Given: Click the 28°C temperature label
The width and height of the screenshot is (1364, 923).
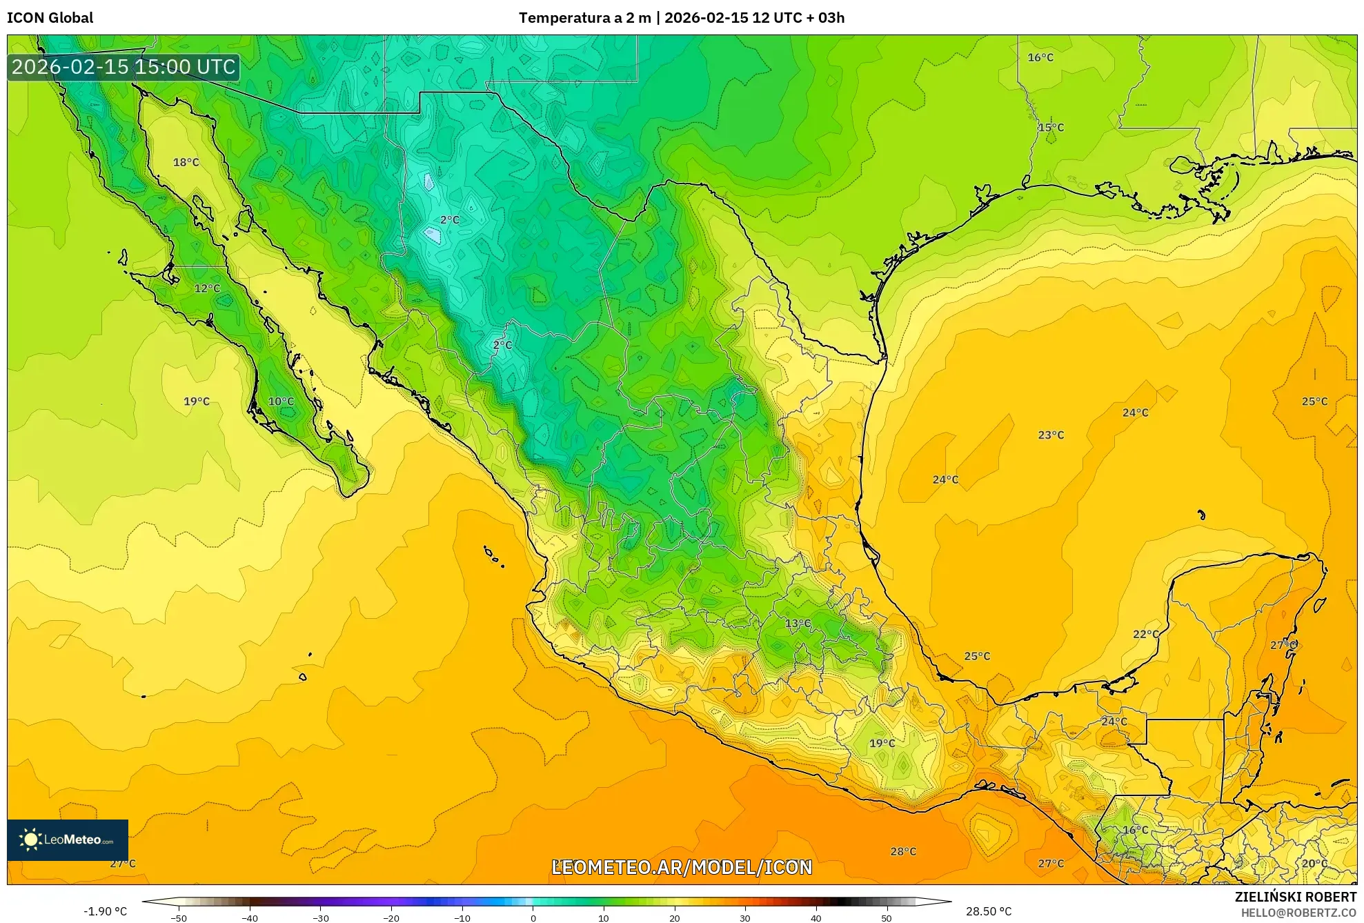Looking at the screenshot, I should coord(902,851).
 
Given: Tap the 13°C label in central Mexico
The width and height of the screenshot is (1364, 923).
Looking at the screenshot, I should coord(798,623).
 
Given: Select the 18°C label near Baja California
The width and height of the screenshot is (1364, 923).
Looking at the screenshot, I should coord(186,162).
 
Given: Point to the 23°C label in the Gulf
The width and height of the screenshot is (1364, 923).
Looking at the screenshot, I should coord(1051,435).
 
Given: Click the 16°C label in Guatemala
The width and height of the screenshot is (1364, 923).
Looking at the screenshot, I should coord(1135,830).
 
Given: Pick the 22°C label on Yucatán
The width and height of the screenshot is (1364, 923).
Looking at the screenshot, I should coord(1145,634).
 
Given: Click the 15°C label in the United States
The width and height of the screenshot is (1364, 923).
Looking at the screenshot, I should coord(1051,128).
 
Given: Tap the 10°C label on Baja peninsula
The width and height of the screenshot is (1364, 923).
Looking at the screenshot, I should coord(281,401).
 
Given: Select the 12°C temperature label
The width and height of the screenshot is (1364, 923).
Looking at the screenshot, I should coord(207,288).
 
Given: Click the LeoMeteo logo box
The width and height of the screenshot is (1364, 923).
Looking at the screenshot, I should coord(68,840).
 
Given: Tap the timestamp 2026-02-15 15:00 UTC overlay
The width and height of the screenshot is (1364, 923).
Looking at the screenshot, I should coord(123,67).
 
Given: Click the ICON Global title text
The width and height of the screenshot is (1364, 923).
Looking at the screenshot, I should coord(50,18).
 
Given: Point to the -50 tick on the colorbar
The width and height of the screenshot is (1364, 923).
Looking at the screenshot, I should coord(179,918).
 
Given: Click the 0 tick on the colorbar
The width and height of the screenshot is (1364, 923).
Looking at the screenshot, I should coord(533,918).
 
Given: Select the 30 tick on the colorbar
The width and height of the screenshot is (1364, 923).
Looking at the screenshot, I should coord(745,918).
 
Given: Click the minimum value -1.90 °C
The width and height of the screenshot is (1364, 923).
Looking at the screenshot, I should coord(105,911).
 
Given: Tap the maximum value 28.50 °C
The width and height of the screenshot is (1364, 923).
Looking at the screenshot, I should coord(988,911).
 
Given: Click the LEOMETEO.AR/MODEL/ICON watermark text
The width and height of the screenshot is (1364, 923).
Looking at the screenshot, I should coord(682,867).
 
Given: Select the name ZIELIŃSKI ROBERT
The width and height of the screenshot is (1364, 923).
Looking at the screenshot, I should coord(1295,897).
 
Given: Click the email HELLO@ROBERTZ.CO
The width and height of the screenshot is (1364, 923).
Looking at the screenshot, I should coord(1298,913).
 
